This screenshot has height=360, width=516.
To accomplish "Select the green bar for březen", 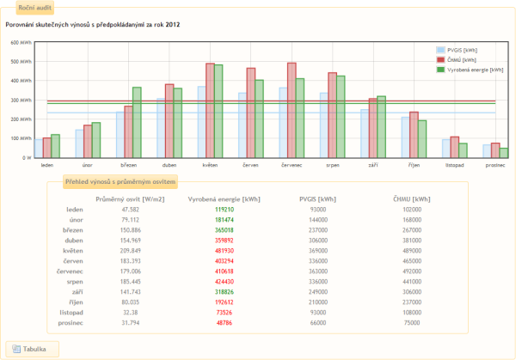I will (137, 122).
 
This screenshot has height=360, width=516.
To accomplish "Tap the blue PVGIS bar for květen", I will (201, 121).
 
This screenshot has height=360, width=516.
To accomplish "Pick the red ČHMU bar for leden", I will (46, 147).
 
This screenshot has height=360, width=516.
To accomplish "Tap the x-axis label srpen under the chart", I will (332, 163).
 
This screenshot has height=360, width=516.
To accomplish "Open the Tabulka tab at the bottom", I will (34, 348).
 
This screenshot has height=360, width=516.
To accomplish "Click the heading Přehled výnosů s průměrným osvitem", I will (121, 182).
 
